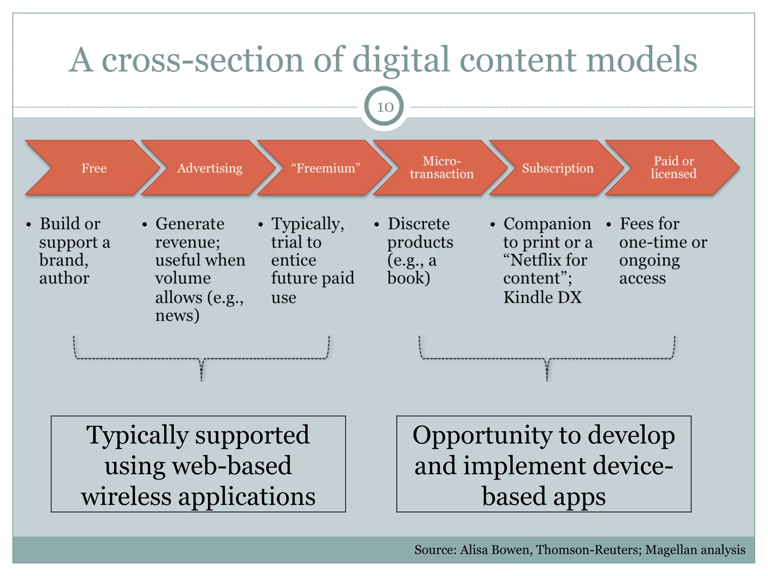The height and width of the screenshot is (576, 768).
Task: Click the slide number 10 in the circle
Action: coord(385,107)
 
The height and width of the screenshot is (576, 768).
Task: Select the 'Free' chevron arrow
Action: coord(94,168)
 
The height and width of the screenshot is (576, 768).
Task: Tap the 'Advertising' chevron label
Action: coord(210,168)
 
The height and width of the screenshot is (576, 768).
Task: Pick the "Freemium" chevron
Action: coord(325,168)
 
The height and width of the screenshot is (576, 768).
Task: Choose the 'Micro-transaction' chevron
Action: coord(441,168)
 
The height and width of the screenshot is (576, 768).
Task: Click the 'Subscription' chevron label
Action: coord(557,168)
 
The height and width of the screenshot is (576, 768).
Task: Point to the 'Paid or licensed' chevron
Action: coord(673,168)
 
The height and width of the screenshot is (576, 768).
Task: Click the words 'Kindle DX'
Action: coord(542,297)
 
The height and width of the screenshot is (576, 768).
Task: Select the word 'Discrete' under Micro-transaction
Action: coord(418,224)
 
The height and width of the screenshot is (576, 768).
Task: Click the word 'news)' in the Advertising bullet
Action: coord(177,315)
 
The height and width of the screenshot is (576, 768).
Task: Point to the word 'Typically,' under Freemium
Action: coord(307,224)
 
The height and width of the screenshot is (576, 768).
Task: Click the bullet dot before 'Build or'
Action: coord(28,225)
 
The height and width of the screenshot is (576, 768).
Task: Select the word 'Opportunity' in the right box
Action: coord(482,436)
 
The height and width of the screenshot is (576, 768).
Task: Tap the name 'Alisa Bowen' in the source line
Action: coord(495,550)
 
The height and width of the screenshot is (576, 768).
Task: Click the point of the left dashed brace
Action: coord(201,379)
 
